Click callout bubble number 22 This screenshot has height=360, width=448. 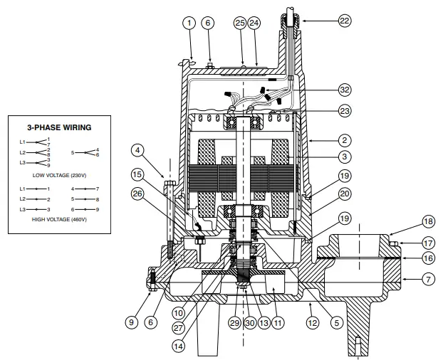point(345,22)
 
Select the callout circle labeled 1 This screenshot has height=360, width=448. point(189,23)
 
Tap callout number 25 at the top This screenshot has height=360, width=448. point(240,23)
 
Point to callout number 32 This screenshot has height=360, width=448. point(344,90)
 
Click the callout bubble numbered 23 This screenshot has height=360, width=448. point(344,110)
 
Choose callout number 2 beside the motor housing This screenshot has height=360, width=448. point(344,140)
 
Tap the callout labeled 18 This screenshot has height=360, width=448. point(428,221)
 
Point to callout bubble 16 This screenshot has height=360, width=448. point(428,258)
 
